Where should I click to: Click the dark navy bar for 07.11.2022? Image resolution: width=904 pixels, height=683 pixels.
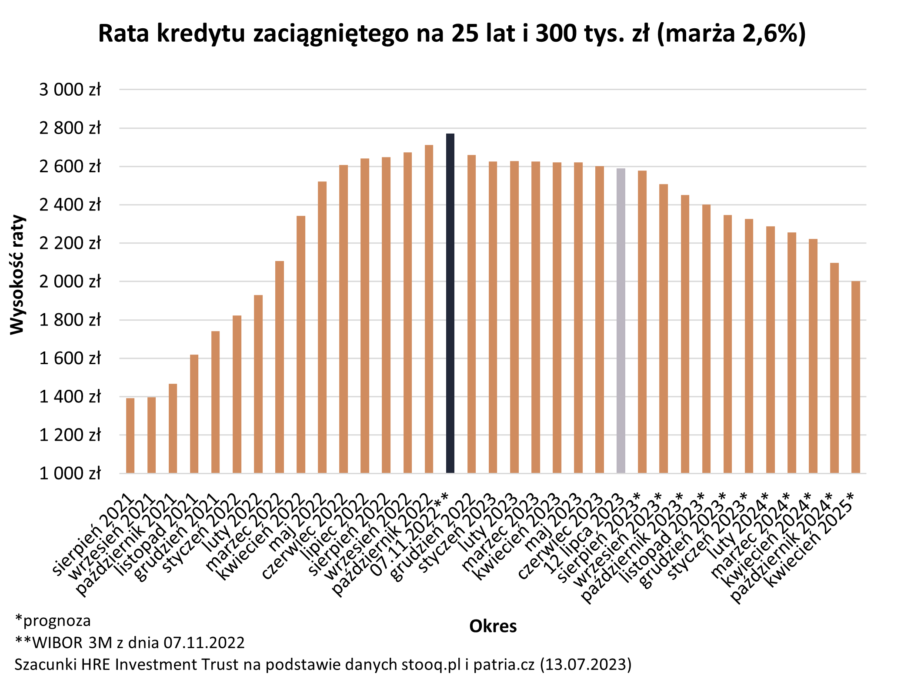(x=450, y=305)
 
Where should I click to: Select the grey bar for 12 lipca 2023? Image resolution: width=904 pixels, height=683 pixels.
(x=620, y=322)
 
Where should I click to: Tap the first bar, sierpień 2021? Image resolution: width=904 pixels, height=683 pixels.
(x=130, y=435)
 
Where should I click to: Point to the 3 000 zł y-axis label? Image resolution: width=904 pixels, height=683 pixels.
(x=70, y=90)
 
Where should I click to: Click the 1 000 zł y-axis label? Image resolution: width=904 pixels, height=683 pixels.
(x=70, y=473)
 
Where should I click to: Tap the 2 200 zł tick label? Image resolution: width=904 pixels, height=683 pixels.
(x=70, y=243)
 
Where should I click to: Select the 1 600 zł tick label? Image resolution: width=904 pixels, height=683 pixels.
(x=70, y=358)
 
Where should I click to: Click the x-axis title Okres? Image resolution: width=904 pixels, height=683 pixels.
(x=493, y=626)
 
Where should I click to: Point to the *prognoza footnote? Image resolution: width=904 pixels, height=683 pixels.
(x=53, y=620)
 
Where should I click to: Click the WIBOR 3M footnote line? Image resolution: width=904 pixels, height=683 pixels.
(x=130, y=643)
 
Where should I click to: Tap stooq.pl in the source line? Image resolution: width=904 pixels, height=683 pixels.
(x=431, y=665)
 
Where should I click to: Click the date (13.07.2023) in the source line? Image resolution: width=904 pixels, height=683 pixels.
(x=585, y=665)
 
